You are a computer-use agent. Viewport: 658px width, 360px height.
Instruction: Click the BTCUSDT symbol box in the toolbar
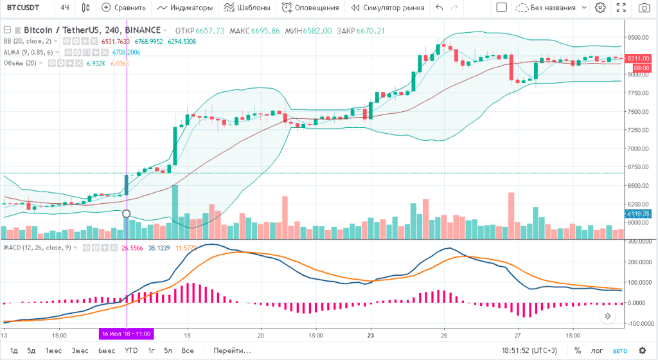(x=22, y=8)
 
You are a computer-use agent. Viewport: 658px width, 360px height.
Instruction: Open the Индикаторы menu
(x=184, y=8)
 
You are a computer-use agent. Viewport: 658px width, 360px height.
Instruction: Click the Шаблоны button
(x=247, y=8)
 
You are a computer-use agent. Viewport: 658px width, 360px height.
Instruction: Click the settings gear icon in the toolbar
(x=600, y=8)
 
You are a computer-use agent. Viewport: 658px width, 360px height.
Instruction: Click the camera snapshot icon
(x=643, y=8)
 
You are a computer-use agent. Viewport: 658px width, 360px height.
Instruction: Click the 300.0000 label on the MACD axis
(x=641, y=241)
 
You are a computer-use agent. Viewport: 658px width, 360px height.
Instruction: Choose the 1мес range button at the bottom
(x=53, y=351)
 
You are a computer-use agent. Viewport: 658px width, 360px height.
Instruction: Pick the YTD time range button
(x=131, y=351)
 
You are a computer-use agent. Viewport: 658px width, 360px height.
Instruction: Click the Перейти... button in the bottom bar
(x=233, y=351)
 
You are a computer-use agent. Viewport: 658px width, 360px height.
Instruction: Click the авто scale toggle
(x=620, y=351)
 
